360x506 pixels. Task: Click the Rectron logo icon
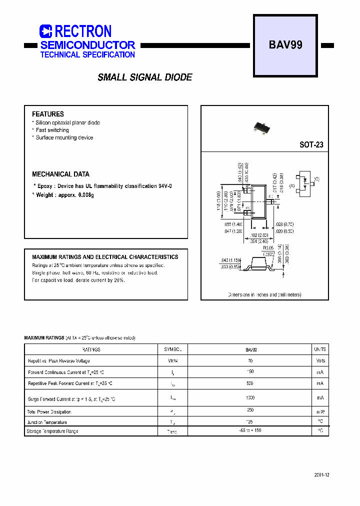pos(45,31)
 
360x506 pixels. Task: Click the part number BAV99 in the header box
pos(285,45)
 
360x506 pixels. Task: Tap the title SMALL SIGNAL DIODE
pos(145,77)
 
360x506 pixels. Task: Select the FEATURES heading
pos(48,114)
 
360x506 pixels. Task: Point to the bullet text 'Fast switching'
pos(52,130)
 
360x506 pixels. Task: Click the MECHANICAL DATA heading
pos(60,174)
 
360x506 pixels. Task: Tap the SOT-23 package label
pos(311,145)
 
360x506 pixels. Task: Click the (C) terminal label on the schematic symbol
pos(316,179)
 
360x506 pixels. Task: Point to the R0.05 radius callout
pos(269,248)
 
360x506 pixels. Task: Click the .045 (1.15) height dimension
pos(230,260)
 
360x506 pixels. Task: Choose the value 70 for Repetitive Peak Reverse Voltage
pos(250,360)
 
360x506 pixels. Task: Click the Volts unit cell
pos(320,360)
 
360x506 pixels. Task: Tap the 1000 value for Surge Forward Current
pos(250,398)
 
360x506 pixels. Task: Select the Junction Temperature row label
pos(47,422)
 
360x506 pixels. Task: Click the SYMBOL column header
pos(172,349)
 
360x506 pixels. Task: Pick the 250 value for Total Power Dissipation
pos(250,410)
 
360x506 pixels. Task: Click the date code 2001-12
pos(321,474)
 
